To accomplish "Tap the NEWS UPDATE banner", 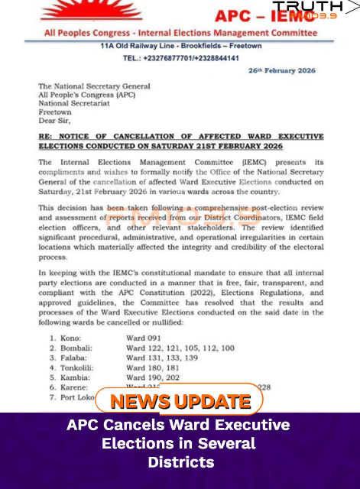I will [180, 401].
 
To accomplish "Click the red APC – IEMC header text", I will [269, 15].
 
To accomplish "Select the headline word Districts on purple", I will [180, 462].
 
